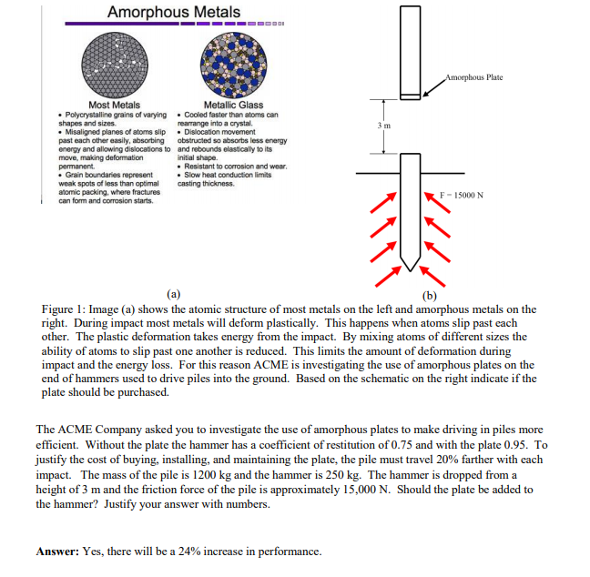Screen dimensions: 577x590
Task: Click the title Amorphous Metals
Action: tap(173, 12)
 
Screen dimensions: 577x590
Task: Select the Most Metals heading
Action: tap(114, 106)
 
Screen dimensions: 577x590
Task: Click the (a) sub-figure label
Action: tap(173, 294)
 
